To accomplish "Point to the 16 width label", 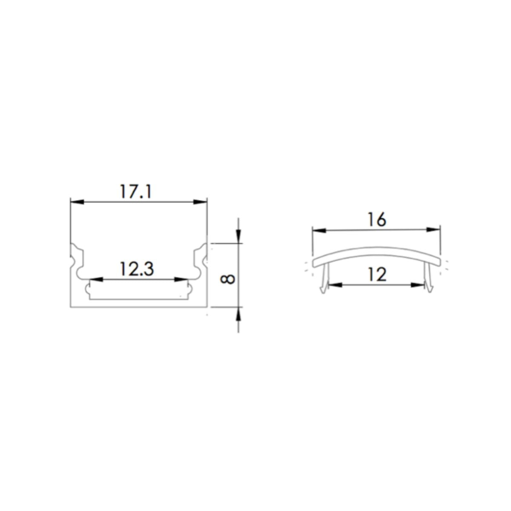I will tap(376, 220).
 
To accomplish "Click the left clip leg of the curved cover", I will tap(324, 279).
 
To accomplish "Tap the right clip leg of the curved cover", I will tap(428, 279).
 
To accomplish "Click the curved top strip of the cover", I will tap(376, 253).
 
